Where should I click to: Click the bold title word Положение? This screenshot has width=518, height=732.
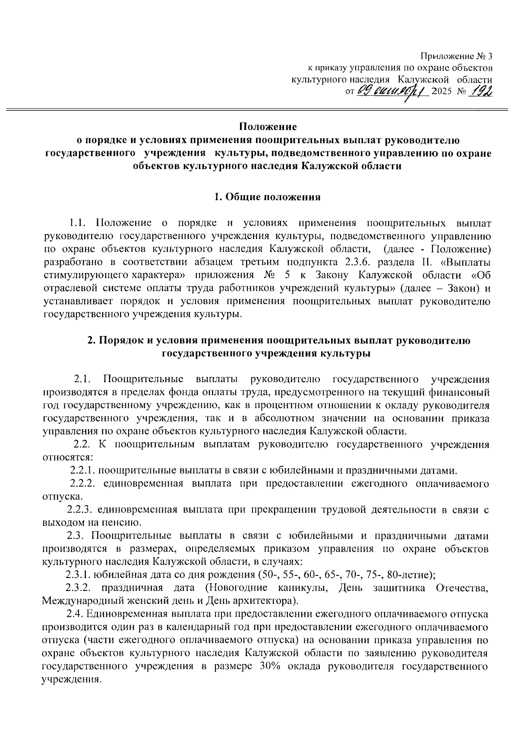pyautogui.click(x=268, y=127)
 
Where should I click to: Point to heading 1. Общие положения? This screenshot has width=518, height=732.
pyautogui.click(x=268, y=198)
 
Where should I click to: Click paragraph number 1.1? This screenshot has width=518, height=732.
pyautogui.click(x=79, y=223)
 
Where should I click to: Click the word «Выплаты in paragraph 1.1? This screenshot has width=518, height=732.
pyautogui.click(x=467, y=262)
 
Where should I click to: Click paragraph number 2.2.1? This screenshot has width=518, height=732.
pyautogui.click(x=85, y=470)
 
